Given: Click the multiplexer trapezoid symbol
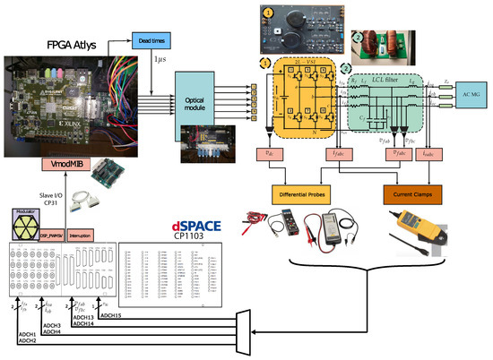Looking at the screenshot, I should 246,328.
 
